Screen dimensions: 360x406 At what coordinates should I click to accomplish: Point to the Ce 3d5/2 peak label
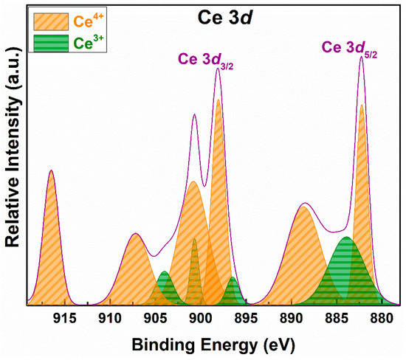pyautogui.click(x=350, y=48)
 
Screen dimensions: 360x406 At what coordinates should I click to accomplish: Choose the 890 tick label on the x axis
pyautogui.click(x=291, y=319)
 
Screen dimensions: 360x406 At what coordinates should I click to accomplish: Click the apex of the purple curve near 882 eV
pyautogui.click(x=361, y=57)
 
